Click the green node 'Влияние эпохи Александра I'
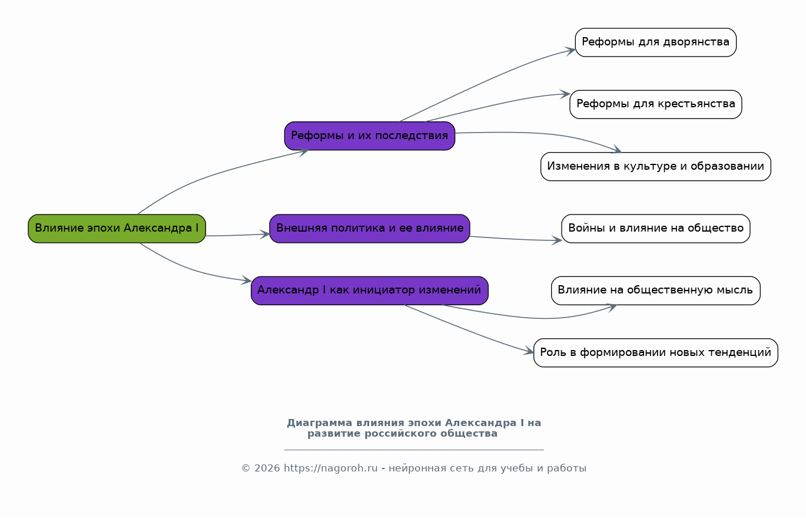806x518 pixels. [117, 229]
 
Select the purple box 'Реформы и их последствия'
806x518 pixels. [370, 136]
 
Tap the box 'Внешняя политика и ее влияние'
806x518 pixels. [370, 229]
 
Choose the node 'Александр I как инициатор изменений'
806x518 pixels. [370, 291]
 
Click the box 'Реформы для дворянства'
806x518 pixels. [656, 42]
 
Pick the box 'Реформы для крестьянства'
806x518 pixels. [656, 104]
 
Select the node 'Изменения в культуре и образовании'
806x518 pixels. [656, 166]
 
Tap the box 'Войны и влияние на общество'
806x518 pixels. [656, 229]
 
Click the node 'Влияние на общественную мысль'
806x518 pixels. [656, 291]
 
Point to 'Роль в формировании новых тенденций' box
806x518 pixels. [656, 352]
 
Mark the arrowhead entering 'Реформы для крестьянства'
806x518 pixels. [566, 94]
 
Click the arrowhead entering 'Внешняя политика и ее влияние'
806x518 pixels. [265, 234]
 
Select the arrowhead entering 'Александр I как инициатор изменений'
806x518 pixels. [247, 281]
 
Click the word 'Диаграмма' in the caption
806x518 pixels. [320, 423]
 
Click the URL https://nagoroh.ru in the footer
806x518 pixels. [331, 468]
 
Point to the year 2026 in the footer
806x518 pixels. [267, 468]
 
